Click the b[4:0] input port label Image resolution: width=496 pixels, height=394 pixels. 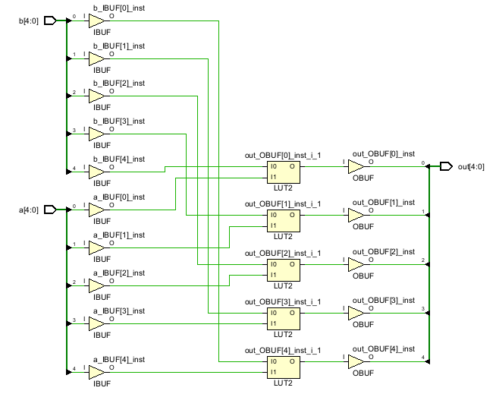29,20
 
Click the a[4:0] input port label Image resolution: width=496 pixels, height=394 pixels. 29,210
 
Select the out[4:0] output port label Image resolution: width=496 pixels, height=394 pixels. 471,166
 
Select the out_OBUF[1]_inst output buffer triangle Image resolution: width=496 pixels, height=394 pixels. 356,216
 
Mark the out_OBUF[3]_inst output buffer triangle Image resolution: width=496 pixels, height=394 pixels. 356,313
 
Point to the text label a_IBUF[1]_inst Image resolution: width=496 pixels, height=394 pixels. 118,235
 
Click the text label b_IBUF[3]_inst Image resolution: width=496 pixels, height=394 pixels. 118,121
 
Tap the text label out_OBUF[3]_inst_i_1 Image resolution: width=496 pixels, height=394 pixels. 282,301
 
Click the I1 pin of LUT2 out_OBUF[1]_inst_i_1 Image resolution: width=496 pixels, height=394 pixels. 273,225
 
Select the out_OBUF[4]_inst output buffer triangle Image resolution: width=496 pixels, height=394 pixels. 356,362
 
